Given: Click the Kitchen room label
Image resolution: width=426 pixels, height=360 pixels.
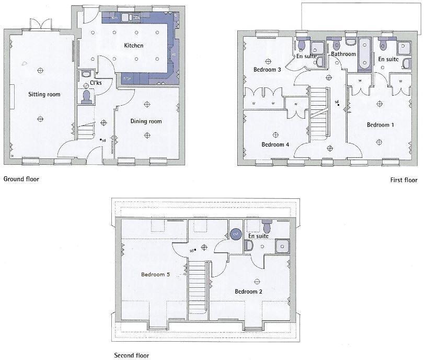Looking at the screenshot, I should [133, 46].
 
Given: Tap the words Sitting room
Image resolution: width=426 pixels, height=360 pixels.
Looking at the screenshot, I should [44, 95].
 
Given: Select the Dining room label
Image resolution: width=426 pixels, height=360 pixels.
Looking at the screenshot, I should [146, 121].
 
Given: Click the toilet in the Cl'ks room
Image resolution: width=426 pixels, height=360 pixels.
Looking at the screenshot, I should [87, 97].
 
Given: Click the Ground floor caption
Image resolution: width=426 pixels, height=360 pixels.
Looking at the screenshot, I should [21, 179].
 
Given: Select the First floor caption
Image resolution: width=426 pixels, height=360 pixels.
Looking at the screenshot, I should [404, 181].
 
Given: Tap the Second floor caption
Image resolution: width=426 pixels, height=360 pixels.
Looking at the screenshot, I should [131, 355].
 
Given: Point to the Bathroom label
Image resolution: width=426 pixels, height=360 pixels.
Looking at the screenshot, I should [343, 54].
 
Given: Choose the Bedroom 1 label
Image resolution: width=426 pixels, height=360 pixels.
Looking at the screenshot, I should [380, 125].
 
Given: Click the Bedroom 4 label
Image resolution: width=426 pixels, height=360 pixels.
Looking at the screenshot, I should [275, 145].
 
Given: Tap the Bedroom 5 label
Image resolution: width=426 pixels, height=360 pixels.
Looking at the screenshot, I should [155, 274].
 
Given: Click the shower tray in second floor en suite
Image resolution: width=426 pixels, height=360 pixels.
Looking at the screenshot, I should [282, 245].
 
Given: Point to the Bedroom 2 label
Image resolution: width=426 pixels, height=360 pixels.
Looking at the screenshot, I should [248, 291].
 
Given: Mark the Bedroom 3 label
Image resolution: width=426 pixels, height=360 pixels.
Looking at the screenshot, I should [267, 70].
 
